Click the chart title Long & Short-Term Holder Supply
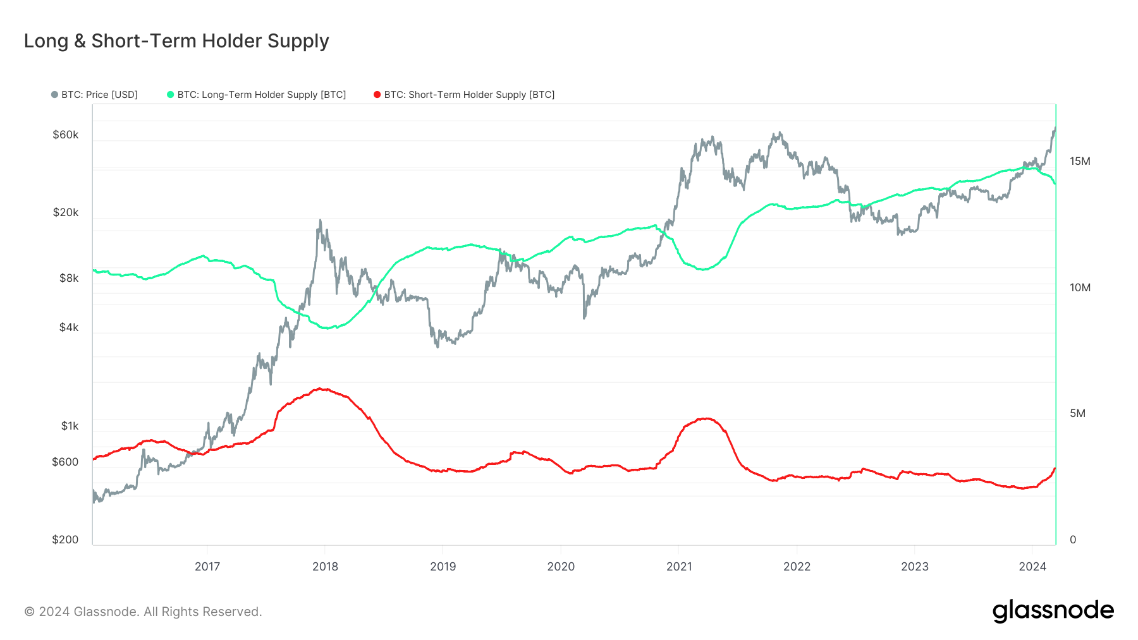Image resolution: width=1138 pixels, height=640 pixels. [176, 41]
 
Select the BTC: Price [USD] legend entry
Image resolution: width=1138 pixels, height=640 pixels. [95, 95]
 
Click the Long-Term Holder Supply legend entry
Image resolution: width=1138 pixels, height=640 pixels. [257, 95]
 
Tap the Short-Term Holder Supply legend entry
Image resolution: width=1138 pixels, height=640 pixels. [465, 95]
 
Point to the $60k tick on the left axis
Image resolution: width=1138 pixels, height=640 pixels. [66, 135]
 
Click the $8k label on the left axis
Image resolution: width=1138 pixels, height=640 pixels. [69, 278]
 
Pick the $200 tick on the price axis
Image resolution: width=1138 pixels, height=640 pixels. [65, 540]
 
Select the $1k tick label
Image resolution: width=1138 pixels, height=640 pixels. [70, 426]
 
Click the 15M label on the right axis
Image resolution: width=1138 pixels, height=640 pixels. [1080, 161]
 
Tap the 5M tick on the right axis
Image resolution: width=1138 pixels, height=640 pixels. [1077, 413]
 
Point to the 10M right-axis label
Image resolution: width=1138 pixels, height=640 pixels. [1080, 287]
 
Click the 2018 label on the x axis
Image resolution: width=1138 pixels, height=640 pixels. [325, 566]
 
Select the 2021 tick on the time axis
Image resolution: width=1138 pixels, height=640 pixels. [679, 566]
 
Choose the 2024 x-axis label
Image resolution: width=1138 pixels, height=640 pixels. [1032, 566]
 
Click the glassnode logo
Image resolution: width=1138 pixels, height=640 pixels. [1053, 610]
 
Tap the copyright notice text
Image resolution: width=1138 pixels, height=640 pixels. [143, 612]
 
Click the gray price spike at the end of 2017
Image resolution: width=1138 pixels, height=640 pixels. [320, 220]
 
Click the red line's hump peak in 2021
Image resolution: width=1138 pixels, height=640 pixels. [706, 418]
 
